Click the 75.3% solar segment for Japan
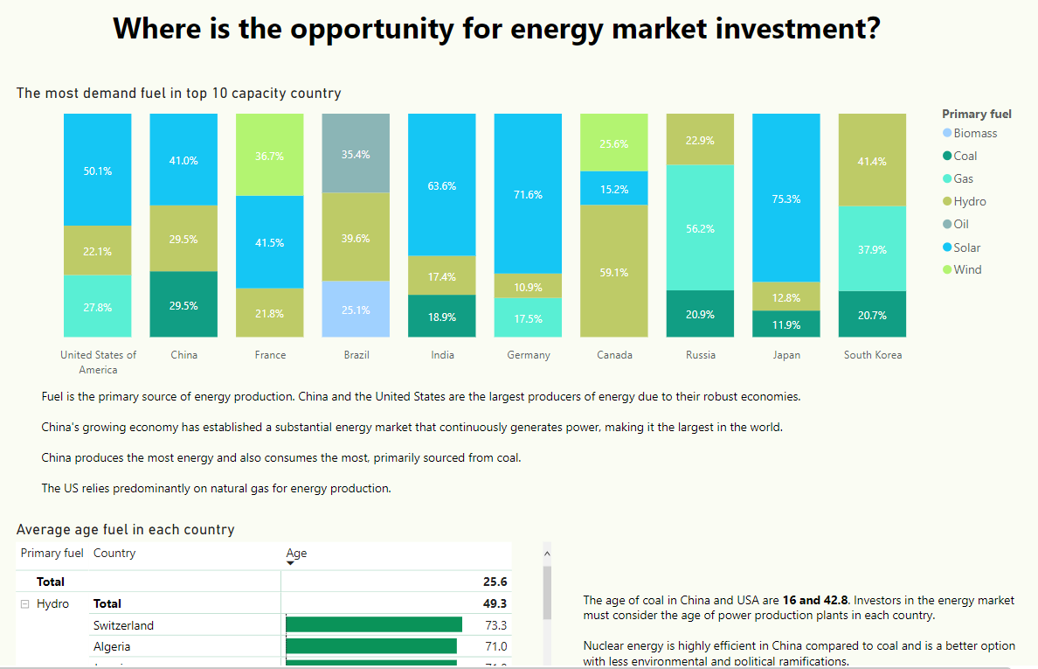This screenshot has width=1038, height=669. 786,198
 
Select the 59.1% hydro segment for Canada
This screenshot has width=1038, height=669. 614,271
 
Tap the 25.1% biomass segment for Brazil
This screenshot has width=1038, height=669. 356,309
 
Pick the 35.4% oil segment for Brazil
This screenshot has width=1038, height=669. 356,153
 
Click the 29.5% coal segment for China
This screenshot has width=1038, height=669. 183,304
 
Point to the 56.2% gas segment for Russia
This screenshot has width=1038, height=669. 700,227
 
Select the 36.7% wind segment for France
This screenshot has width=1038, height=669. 269,155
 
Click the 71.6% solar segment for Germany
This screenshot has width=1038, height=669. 528,193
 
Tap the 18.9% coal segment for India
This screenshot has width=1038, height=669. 442,316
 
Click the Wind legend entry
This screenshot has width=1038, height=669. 967,269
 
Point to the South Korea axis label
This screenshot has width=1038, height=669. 872,355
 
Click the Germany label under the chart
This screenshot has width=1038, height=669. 528,355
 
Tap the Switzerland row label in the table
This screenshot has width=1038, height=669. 123,625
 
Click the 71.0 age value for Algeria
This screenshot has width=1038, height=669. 495,646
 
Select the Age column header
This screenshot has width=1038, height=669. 296,553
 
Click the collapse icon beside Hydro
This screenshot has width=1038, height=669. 25,603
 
